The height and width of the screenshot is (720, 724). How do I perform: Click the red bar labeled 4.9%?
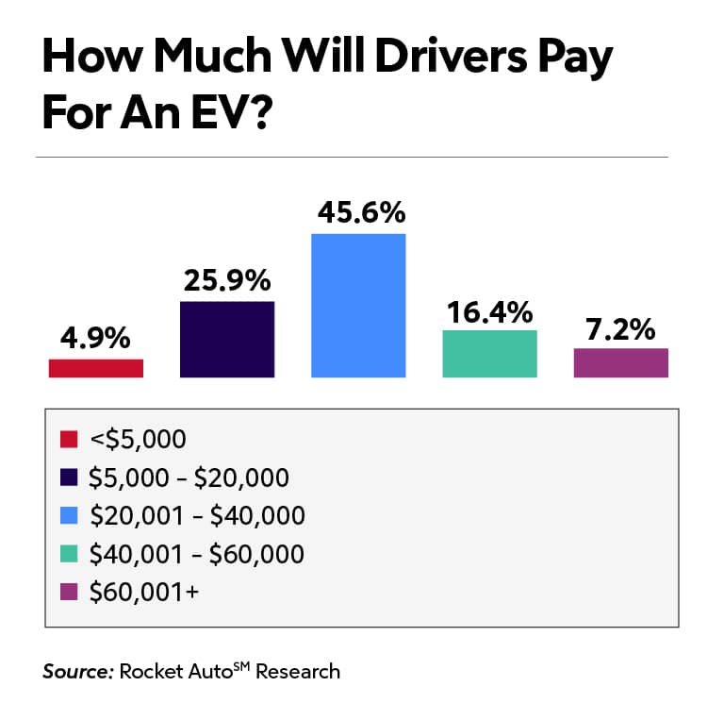(x=95, y=368)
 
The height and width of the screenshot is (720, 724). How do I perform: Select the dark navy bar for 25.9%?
(x=226, y=340)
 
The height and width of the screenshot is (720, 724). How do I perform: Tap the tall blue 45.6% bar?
(x=358, y=306)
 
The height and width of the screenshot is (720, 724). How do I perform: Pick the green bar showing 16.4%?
(x=489, y=354)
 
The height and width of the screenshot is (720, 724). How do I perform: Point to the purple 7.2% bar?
(x=620, y=363)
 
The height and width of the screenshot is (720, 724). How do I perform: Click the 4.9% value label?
(x=95, y=339)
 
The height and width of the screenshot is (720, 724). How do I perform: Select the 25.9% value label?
(x=226, y=280)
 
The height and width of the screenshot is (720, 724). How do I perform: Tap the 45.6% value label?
(x=358, y=213)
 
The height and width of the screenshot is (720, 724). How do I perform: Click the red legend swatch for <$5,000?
(x=68, y=440)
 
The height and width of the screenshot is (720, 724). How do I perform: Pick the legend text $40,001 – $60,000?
(x=196, y=554)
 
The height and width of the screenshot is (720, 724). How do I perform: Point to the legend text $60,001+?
(x=142, y=592)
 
